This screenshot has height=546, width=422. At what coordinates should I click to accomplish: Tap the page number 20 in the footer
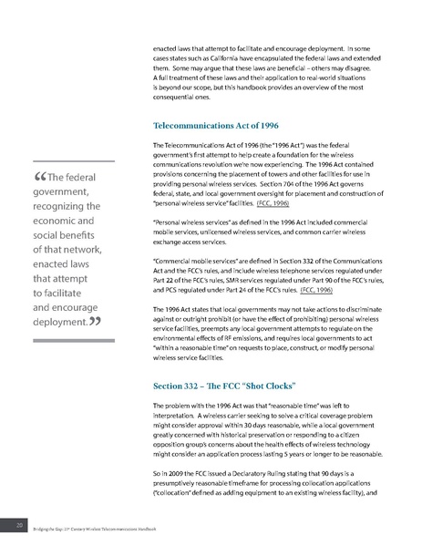pyautogui.click(x=17, y=527)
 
